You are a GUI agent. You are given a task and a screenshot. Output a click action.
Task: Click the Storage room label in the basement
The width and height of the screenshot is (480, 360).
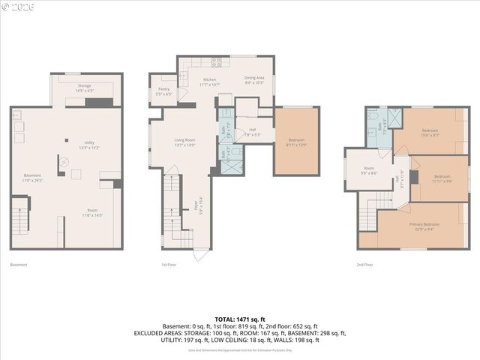click(84, 86)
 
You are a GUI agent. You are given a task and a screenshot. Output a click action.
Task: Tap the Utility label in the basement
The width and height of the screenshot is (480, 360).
click(89, 142)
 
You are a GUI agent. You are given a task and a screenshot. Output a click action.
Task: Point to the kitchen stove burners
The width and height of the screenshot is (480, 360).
click(215, 62)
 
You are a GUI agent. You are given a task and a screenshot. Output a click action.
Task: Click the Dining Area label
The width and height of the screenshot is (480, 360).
click(254, 77)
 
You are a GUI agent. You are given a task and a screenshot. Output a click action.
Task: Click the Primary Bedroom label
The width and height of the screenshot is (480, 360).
click(424, 224)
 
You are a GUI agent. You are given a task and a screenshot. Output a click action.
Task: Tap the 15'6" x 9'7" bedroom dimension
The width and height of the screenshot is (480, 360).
click(430, 136)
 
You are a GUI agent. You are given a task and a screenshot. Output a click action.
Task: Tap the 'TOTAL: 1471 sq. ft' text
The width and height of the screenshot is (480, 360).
click(240, 319)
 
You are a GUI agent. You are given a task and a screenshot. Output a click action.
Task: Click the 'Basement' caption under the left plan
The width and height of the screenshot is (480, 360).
click(19, 265)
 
